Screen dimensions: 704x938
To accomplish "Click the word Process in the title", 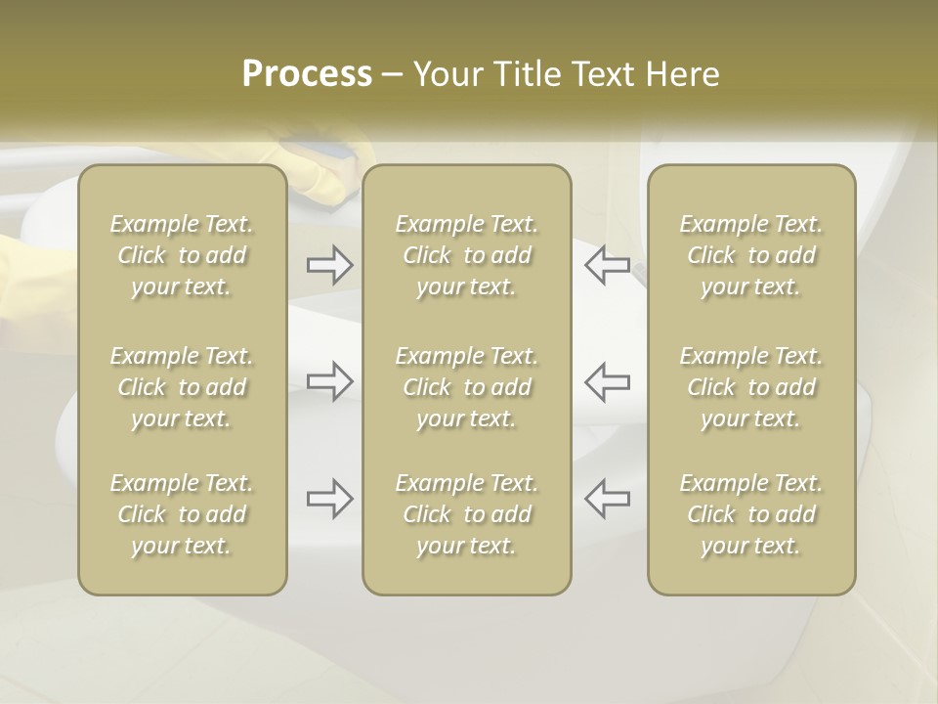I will [x=307, y=74].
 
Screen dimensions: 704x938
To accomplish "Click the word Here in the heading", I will [x=682, y=74].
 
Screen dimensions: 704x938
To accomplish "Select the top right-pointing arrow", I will [x=329, y=265].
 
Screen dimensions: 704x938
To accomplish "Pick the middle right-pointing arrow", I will [x=329, y=380].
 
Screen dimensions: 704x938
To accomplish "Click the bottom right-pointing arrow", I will [x=329, y=498].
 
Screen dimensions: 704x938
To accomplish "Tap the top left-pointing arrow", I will [x=607, y=265].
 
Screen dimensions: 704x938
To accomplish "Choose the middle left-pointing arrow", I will [x=607, y=380].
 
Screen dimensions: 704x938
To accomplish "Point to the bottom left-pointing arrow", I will [x=607, y=498].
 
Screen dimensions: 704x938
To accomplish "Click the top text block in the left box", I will [x=182, y=255].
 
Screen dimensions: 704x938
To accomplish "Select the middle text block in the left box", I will [x=182, y=387].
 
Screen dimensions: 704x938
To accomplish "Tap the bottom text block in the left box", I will [x=182, y=514].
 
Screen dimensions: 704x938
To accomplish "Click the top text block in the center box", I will [x=466, y=255].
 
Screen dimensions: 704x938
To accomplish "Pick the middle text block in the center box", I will [x=466, y=387].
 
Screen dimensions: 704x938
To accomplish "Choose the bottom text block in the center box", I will [x=466, y=514].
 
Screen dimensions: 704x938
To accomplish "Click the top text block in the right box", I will [x=750, y=255].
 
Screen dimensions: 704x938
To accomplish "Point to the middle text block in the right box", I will [x=750, y=387].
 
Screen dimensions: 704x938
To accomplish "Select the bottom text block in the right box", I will [x=750, y=514].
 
